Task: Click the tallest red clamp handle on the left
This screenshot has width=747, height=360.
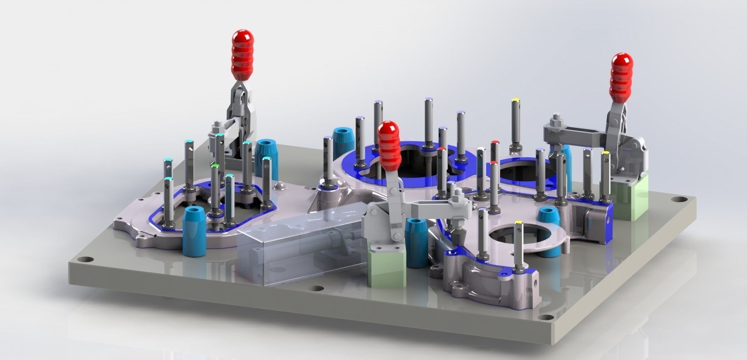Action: pos(242,55)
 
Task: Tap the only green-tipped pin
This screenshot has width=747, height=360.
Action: pos(215,166)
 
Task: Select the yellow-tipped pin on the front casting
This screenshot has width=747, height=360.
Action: pos(518,224)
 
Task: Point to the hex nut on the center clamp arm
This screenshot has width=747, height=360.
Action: pos(457,196)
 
